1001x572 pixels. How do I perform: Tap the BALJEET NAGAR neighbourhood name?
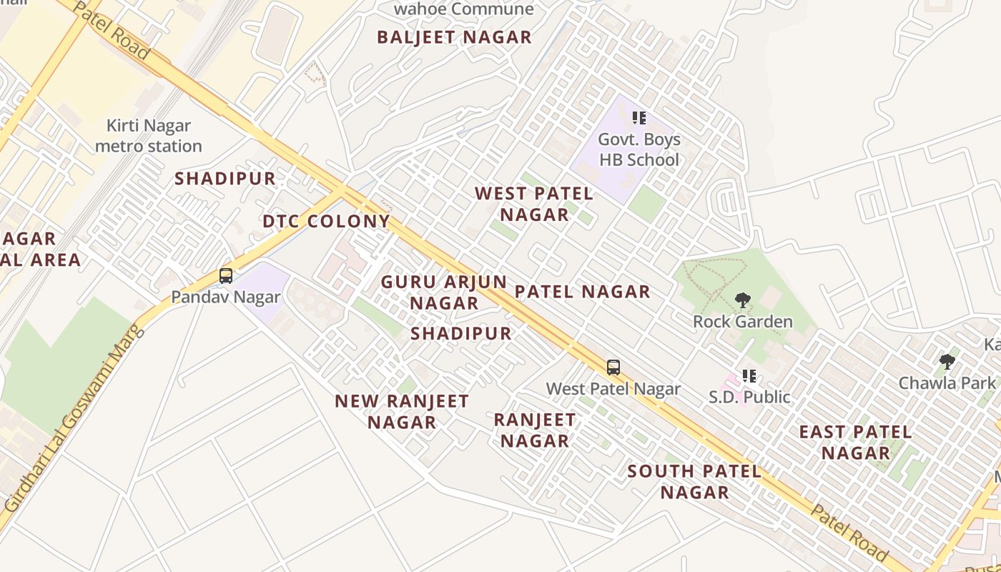[x=454, y=37]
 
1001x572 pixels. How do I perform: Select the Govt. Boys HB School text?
[x=638, y=149]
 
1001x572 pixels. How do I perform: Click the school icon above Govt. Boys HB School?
[x=638, y=117]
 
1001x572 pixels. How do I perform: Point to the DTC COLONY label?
[x=326, y=221]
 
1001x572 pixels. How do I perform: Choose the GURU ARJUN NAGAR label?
[x=443, y=292]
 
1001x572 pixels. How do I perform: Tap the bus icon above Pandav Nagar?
[x=226, y=275]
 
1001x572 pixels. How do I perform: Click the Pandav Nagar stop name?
[x=226, y=296]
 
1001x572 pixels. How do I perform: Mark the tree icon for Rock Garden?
[x=742, y=300]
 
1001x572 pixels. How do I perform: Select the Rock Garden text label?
[x=742, y=321]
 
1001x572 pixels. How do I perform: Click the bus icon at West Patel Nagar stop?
[x=613, y=368]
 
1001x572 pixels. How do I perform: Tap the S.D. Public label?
[x=749, y=396]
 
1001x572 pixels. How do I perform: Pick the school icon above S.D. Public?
[x=749, y=375]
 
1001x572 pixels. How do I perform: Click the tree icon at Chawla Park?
[x=947, y=362]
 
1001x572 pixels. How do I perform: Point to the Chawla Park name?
[x=947, y=383]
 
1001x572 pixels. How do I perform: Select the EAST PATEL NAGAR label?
[x=855, y=442]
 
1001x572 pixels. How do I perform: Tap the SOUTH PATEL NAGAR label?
[x=694, y=481]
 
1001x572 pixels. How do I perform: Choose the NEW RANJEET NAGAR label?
[x=402, y=411]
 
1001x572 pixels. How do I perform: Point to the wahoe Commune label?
[x=463, y=9]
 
